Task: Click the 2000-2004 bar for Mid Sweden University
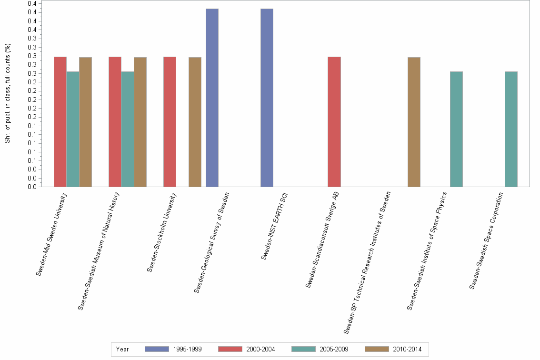pyautogui.click(x=60, y=121)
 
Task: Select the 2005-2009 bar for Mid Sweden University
pyautogui.click(x=73, y=129)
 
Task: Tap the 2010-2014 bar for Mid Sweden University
pyautogui.click(x=85, y=122)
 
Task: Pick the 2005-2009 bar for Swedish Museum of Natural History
pyautogui.click(x=128, y=129)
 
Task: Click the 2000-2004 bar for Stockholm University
pyautogui.click(x=170, y=121)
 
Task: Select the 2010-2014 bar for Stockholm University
pyautogui.click(x=195, y=122)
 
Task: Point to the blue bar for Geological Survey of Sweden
pyautogui.click(x=212, y=98)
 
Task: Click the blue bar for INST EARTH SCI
pyautogui.click(x=267, y=98)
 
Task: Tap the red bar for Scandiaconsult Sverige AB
pyautogui.click(x=334, y=121)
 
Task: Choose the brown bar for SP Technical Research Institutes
pyautogui.click(x=414, y=122)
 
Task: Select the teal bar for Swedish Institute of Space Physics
pyautogui.click(x=456, y=129)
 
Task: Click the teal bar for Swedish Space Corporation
pyautogui.click(x=511, y=129)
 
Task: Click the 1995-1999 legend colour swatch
pyautogui.click(x=157, y=349)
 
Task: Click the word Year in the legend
pyautogui.click(x=122, y=349)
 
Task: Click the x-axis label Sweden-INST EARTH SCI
pyautogui.click(x=274, y=226)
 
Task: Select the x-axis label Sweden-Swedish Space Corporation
pyautogui.click(x=486, y=240)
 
